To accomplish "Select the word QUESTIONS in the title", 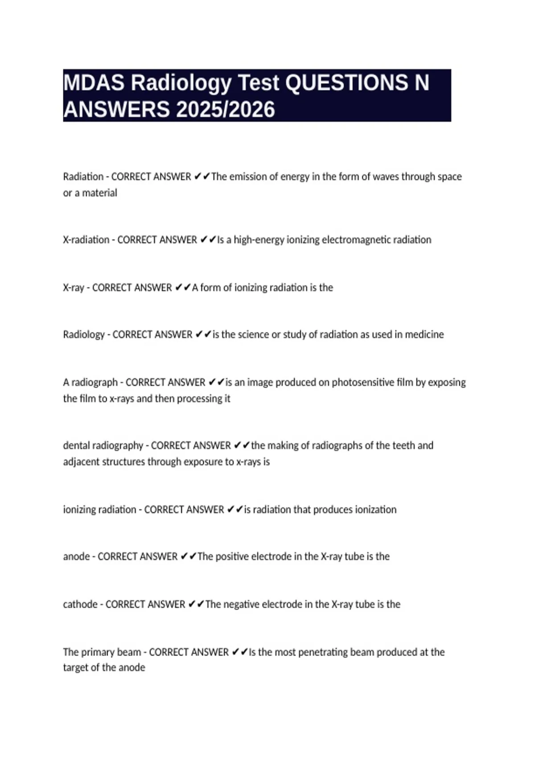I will point(346,83).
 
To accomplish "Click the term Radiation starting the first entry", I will point(83,177).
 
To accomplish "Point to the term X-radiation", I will point(86,240).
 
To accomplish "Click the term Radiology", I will point(84,334).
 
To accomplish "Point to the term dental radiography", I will point(103,445).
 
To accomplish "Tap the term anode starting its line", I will point(76,556).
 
